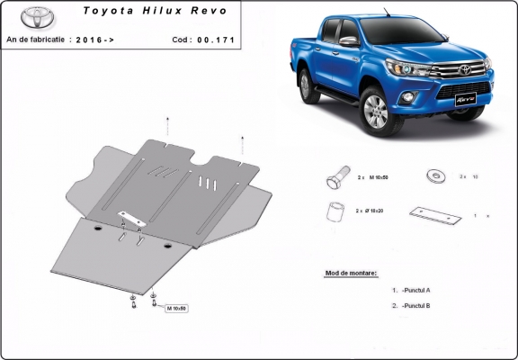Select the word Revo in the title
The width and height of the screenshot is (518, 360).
pos(208,12)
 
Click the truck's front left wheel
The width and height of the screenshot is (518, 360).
pos(375,114)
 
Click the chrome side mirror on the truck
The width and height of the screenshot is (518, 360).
pos(348,42)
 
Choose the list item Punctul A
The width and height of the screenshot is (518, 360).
pos(415,291)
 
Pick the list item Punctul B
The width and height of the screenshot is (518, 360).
pos(415,306)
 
